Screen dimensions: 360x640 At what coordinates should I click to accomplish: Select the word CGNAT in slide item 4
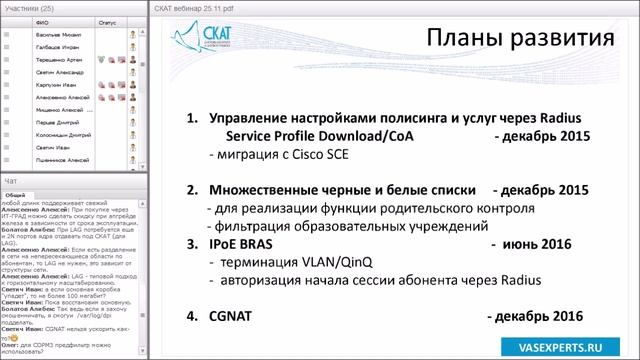(x=236, y=316)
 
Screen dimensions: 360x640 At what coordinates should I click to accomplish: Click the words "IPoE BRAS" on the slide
(x=246, y=244)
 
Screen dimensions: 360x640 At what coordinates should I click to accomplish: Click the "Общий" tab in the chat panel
(x=15, y=194)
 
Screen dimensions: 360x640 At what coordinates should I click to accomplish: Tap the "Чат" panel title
(x=12, y=181)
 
